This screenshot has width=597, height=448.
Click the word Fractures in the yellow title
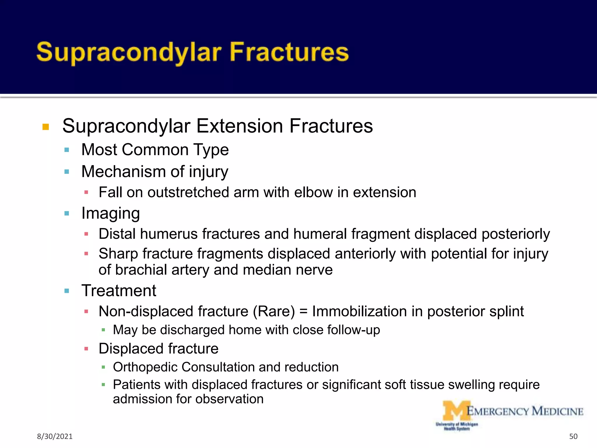(289, 52)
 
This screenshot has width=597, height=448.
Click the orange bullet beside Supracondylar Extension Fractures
(46, 127)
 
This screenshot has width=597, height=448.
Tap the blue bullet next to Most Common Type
(67, 150)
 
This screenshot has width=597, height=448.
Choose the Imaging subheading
(110, 213)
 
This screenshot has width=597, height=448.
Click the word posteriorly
(515, 234)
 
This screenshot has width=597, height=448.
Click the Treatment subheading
(119, 291)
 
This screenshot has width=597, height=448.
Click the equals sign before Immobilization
(303, 311)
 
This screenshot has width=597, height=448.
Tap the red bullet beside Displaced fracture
(86, 349)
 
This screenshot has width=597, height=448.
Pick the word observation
(229, 399)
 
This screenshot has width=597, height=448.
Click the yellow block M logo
(455, 411)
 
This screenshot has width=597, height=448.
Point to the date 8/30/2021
(55, 436)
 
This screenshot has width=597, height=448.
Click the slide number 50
(573, 436)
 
